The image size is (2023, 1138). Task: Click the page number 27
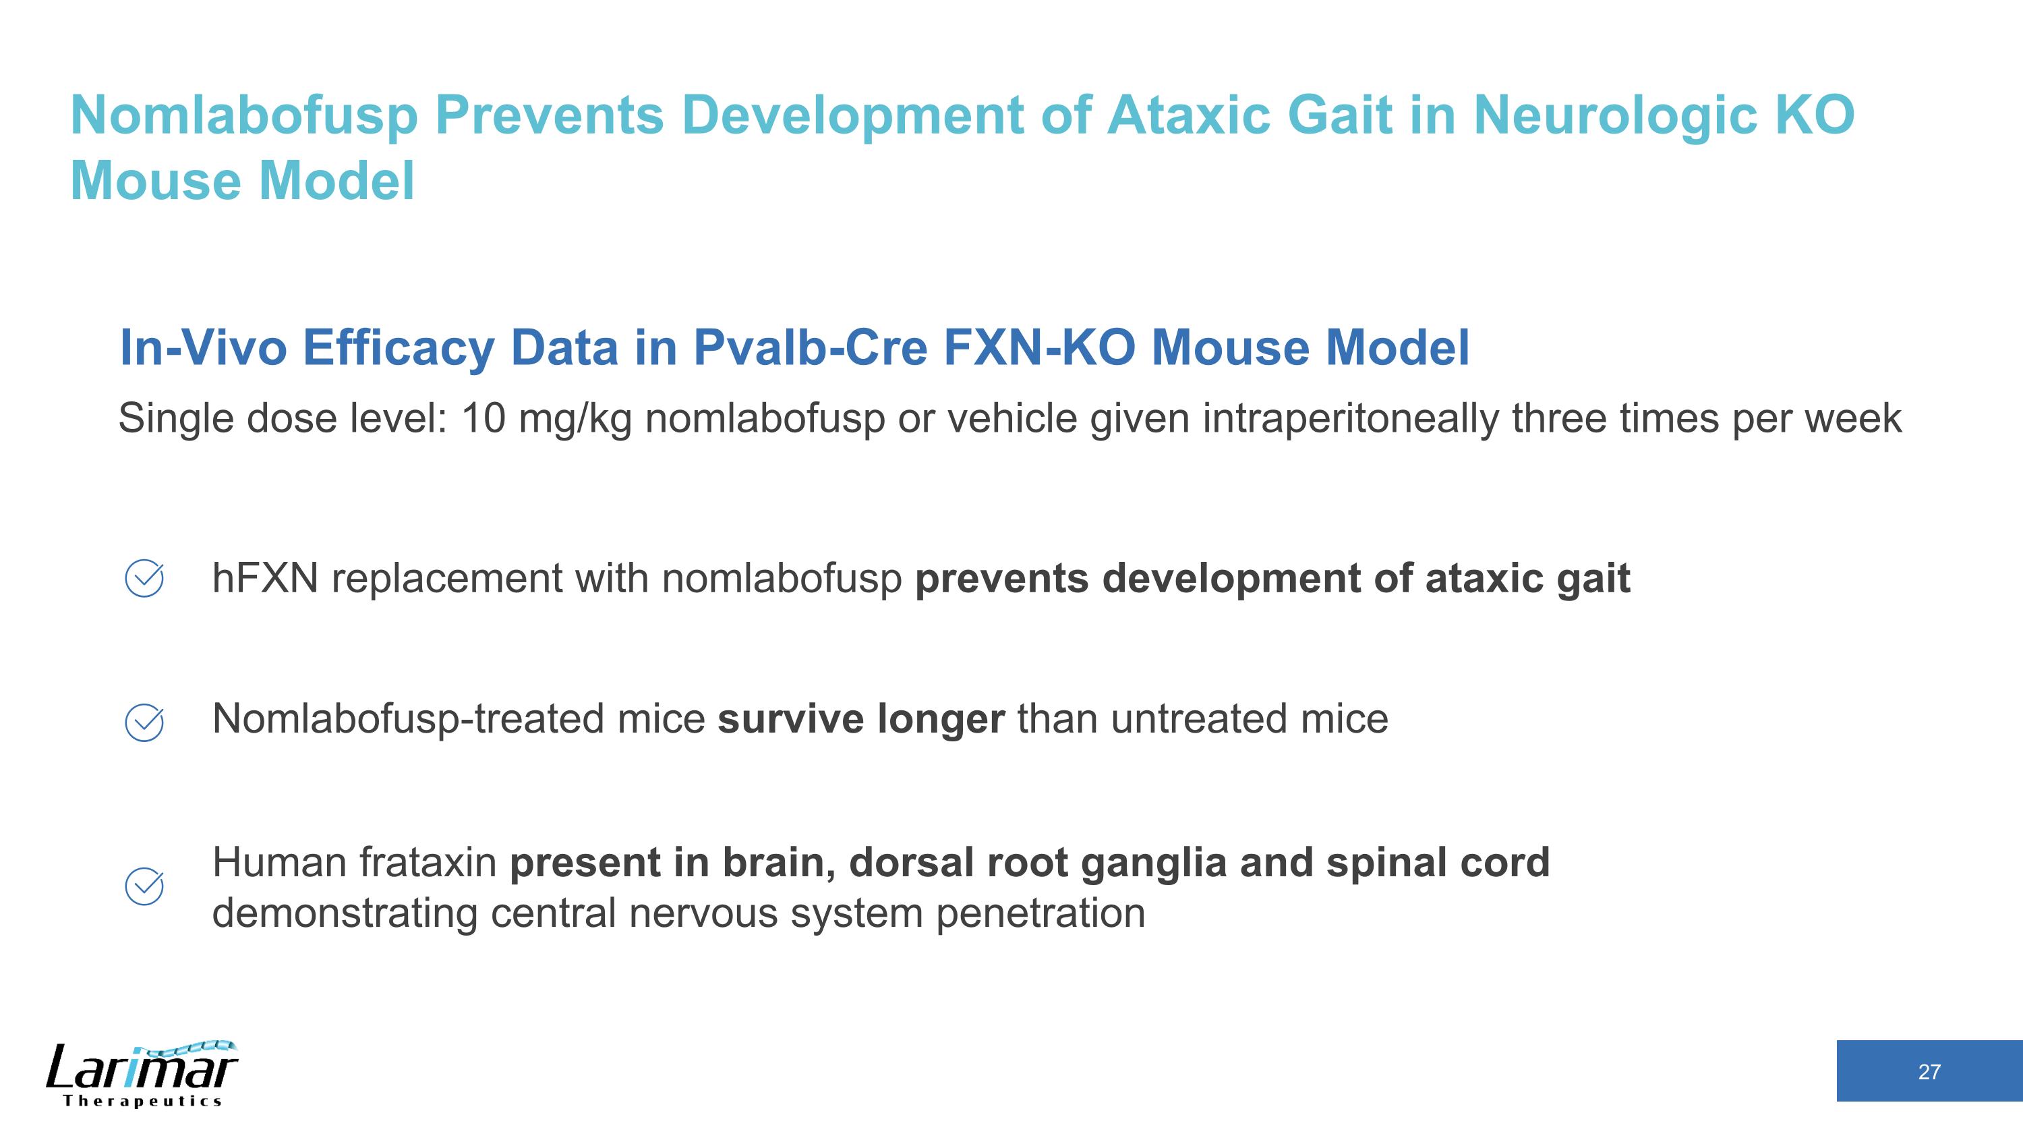(1929, 1072)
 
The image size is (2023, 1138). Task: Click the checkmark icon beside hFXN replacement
(144, 579)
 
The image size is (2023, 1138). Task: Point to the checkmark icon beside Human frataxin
(144, 886)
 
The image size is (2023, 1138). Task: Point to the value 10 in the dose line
(482, 418)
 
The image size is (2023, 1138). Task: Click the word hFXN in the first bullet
(264, 579)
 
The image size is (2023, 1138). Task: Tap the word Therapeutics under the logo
(142, 1101)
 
